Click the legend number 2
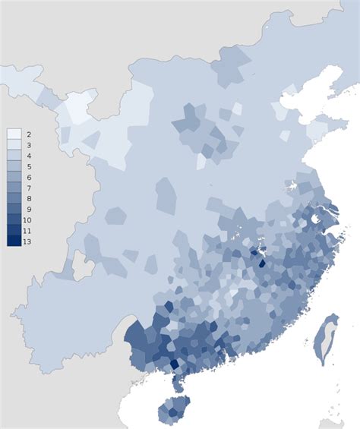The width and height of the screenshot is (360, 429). tap(27, 134)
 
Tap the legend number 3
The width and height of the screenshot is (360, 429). tap(27, 144)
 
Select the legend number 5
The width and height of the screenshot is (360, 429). tap(27, 166)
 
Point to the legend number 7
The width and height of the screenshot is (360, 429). tap(27, 187)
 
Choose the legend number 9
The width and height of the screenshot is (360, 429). tap(27, 209)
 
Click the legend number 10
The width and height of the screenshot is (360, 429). tap(27, 219)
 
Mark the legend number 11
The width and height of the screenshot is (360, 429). tap(27, 230)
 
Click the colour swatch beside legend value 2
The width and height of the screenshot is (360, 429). tap(14, 134)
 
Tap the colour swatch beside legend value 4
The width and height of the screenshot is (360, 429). tap(14, 155)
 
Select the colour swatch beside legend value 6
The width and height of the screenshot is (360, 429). tap(14, 176)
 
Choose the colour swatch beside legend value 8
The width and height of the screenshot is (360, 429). tap(14, 198)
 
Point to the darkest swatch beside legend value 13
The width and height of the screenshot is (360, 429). tap(14, 241)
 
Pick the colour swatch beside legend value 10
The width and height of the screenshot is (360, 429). tap(14, 219)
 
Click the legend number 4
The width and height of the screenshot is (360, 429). tap(27, 155)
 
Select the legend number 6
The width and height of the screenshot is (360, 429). tap(27, 176)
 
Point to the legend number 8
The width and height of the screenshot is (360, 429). tap(27, 198)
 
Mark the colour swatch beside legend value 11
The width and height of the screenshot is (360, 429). tap(14, 230)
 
